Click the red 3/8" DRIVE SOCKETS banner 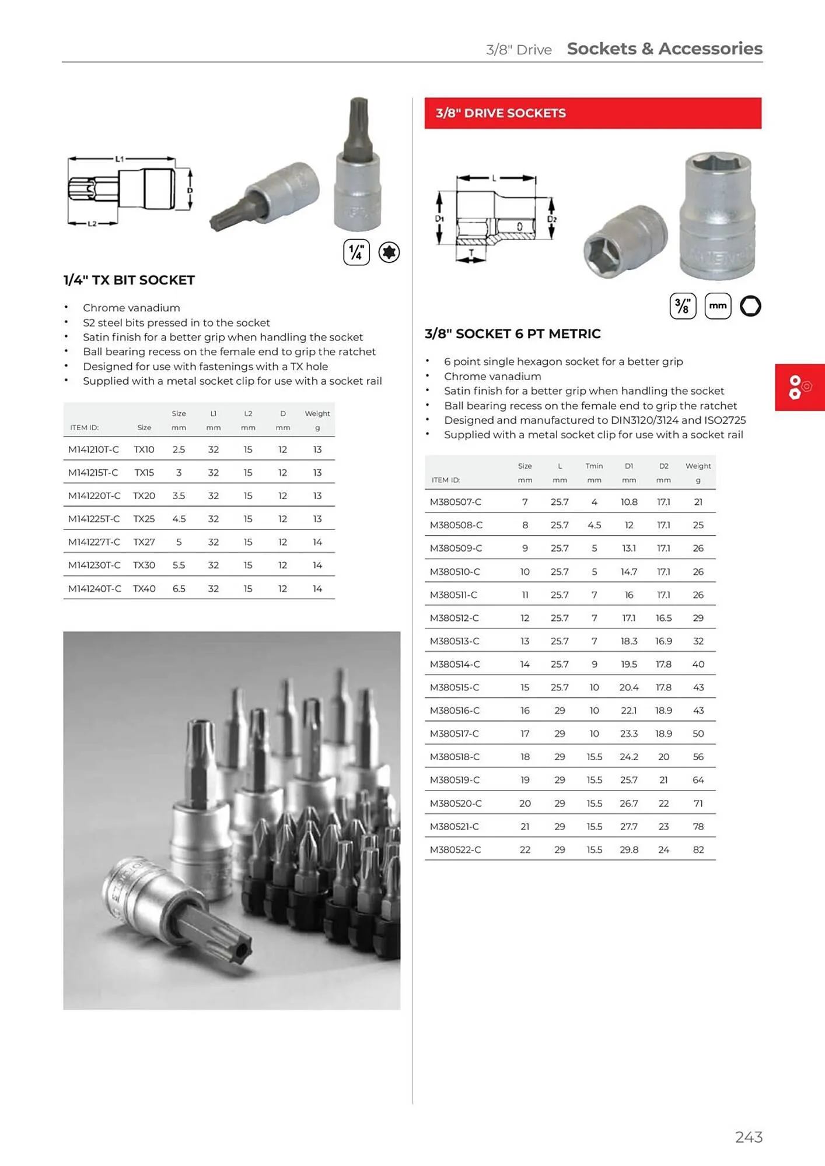pos(592,113)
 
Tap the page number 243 pos(749,1137)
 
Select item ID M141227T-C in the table pos(94,542)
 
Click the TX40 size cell pos(144,589)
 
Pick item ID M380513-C pos(455,641)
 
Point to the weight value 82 pos(698,850)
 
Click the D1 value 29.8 pos(628,850)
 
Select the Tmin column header pos(594,466)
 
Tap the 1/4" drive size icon pos(356,252)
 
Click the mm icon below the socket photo pos(718,306)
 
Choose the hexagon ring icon pos(750,306)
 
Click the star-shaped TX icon pos(389,252)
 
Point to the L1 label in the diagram pos(120,159)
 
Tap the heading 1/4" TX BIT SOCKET pos(129,280)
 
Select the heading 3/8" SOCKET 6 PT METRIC pos(512,334)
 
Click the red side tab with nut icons pos(799,387)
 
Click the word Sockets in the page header pos(602,49)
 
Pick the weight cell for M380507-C pos(698,502)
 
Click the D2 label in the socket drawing pos(552,219)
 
